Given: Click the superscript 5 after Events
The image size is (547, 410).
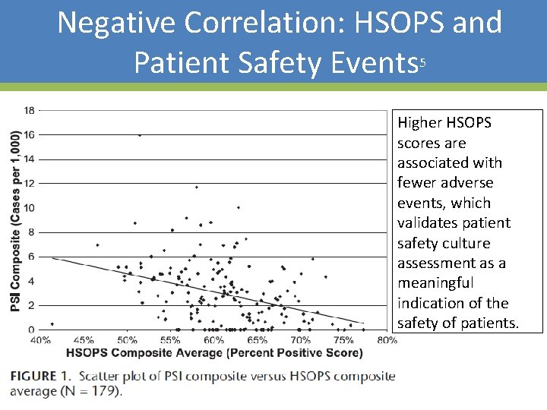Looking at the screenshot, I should coord(422,64).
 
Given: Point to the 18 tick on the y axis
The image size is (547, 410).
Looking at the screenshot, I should coord(28,110).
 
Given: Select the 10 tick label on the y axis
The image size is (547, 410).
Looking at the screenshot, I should coord(28,208).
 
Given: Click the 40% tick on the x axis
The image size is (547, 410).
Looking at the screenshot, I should coord(41,340).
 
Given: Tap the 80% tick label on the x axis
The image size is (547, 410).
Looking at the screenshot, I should coord(387,340).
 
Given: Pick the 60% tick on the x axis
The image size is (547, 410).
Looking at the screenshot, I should coord(213,340).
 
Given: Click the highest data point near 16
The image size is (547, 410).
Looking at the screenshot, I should coord(139,135).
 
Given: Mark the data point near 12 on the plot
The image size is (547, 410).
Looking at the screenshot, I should coord(196,187).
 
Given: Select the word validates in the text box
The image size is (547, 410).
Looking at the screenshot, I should coord(428,223).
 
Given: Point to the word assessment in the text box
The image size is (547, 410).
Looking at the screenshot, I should coord(436,263).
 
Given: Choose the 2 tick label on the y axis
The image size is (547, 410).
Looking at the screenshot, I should coord(30,305).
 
